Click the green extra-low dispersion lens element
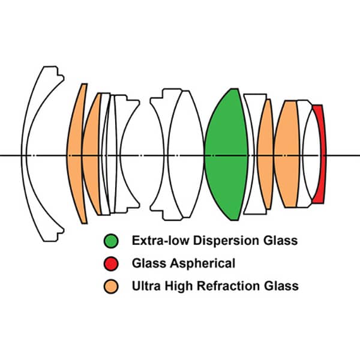pyautogui.click(x=227, y=155)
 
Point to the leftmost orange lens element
pyautogui.click(x=75, y=155)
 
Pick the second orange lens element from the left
pyautogui.click(x=91, y=155)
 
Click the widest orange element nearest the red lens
pyautogui.click(x=289, y=155)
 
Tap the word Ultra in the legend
pyautogui.click(x=145, y=286)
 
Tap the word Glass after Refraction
pyautogui.click(x=281, y=286)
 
